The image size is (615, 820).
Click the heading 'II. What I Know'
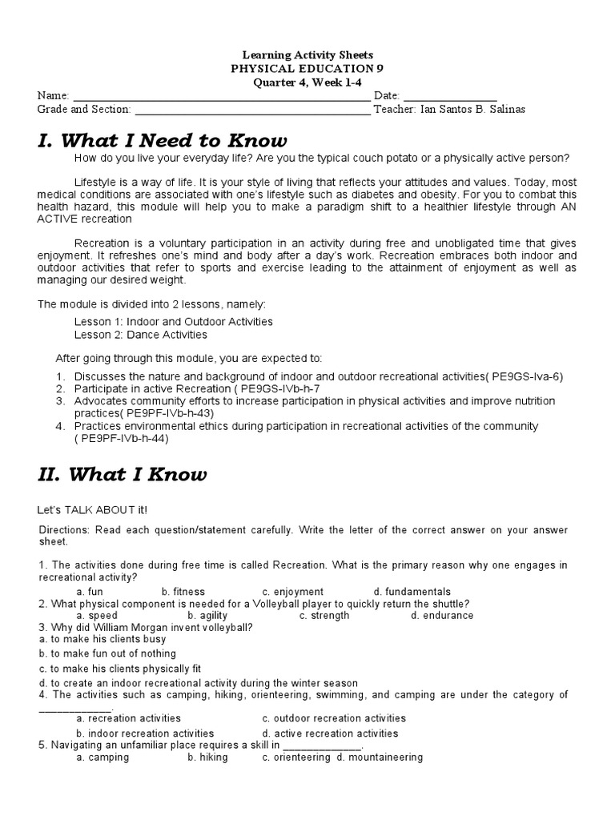pos(122,475)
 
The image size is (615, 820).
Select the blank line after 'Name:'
pos(222,96)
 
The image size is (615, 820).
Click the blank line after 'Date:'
pos(449,96)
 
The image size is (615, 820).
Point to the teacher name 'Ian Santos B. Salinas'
pos(473,110)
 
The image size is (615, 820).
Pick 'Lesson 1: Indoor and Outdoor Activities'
pos(174,321)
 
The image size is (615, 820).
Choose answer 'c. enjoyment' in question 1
pos(292,592)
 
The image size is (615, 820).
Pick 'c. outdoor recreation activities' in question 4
pos(334,718)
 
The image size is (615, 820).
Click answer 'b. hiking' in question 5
pos(207,758)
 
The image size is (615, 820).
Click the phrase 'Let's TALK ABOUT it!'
pos(93,510)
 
